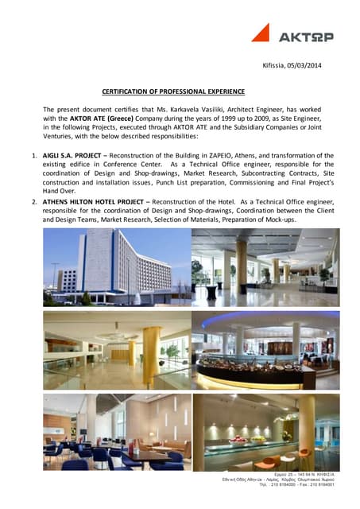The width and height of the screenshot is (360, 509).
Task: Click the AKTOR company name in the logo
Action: (x=305, y=37)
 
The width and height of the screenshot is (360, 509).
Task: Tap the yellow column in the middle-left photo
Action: (x=151, y=348)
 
